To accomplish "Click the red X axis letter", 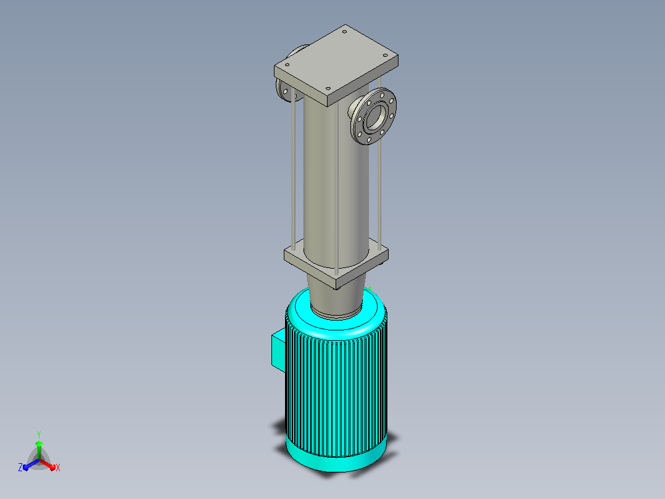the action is click(x=58, y=468).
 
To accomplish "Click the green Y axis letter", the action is click(x=39, y=434).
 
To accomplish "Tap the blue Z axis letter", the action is click(x=20, y=468).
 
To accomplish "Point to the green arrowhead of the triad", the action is click(x=39, y=443).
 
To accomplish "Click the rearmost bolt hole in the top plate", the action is click(x=345, y=31).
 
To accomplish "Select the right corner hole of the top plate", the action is click(x=385, y=55).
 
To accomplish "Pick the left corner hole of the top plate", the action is click(x=287, y=65).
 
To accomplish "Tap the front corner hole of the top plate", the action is click(x=328, y=88).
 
